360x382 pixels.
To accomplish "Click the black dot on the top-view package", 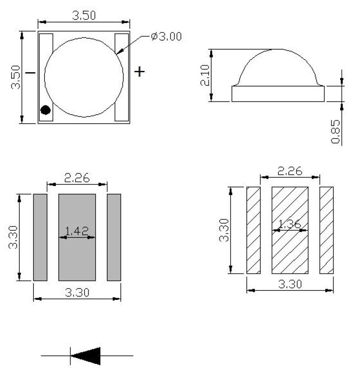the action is [x=46, y=110].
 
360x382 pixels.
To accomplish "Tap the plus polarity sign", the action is [x=139, y=72].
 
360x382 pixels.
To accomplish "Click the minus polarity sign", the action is [x=30, y=73].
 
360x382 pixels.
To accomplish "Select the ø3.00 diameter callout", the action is [x=166, y=37].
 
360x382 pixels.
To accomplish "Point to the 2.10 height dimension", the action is [x=205, y=75].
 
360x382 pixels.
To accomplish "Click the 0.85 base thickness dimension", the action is [x=336, y=131].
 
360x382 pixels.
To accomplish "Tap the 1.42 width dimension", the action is [x=77, y=231].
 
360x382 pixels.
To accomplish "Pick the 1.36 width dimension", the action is [x=290, y=224].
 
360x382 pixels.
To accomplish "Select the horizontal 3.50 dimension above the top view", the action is [x=84, y=15].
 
